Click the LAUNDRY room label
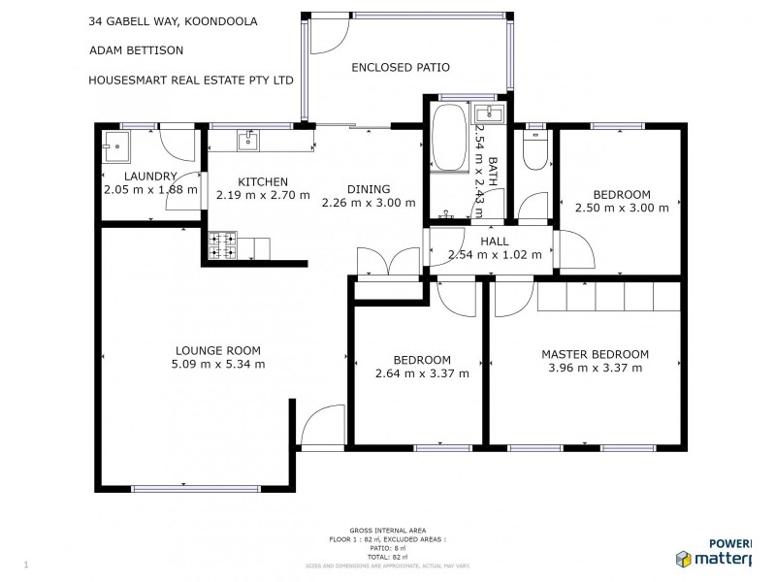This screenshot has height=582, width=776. point(150,176)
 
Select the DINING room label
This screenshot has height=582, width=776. point(369,189)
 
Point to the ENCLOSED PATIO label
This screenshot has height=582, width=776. point(401,67)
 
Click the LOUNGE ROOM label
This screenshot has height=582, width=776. point(217,350)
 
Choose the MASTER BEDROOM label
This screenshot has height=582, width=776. point(595,354)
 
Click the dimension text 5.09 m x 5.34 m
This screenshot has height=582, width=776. point(217,364)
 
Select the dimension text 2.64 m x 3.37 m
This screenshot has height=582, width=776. point(422,372)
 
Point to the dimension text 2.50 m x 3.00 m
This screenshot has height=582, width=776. point(622,208)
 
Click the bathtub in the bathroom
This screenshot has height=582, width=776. point(448,139)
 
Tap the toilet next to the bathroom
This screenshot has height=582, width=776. point(534,149)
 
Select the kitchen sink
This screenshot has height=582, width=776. point(248,141)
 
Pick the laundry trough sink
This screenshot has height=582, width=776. point(117,148)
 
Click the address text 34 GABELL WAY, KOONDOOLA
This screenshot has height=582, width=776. point(173,21)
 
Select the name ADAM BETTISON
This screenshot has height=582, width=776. point(135,50)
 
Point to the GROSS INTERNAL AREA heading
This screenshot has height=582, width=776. point(387,530)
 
